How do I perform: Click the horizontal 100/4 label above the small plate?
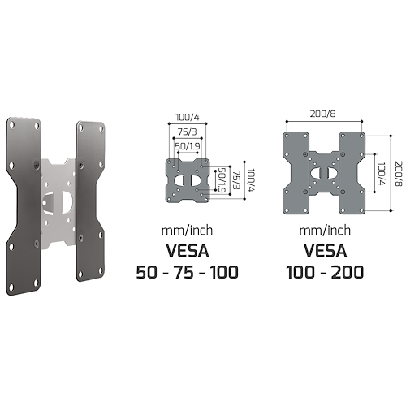point(188,118)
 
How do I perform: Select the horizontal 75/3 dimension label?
point(188,132)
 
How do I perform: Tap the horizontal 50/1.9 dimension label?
point(188,146)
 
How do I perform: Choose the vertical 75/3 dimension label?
point(236,180)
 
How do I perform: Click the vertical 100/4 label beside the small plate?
point(252,180)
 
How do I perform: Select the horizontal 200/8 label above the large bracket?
point(323,114)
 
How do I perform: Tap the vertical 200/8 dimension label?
point(399,174)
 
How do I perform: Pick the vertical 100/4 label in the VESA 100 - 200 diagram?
point(382,174)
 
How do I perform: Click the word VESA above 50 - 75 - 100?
point(188,251)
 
